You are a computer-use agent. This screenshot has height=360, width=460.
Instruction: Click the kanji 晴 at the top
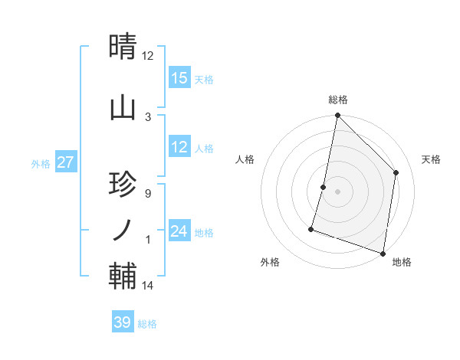pos(123,47)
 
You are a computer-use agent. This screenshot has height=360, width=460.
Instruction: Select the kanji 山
pos(123,107)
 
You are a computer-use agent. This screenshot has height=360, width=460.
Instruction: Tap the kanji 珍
pos(123,186)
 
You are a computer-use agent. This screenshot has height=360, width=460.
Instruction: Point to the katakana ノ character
pos(123,228)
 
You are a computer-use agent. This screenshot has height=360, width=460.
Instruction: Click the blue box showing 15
pos(179,78)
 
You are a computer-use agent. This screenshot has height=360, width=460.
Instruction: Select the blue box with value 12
pos(179,148)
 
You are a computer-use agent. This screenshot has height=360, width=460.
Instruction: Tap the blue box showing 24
pos(179,232)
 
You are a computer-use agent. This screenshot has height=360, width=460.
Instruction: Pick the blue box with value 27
pos(65,162)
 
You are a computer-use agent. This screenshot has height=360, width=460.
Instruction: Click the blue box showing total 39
pos(123,322)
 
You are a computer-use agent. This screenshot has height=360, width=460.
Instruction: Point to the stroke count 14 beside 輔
pos(148,286)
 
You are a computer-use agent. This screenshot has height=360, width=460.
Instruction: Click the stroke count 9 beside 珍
pos(147,194)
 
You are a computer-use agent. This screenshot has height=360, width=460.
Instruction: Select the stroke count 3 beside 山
pos(147,116)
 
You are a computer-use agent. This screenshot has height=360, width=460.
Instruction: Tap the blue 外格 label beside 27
pos(41,163)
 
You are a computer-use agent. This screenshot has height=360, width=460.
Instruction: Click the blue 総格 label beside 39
pos(147,324)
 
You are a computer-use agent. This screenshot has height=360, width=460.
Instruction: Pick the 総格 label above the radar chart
pos(337,100)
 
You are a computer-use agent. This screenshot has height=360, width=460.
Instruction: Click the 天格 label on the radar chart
pos(431,159)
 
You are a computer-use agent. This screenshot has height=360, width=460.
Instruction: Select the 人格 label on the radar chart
pos(245,159)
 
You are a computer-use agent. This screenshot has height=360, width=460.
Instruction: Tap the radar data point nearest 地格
pos(383,253)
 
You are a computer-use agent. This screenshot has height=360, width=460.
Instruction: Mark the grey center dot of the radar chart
pos(337,191)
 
